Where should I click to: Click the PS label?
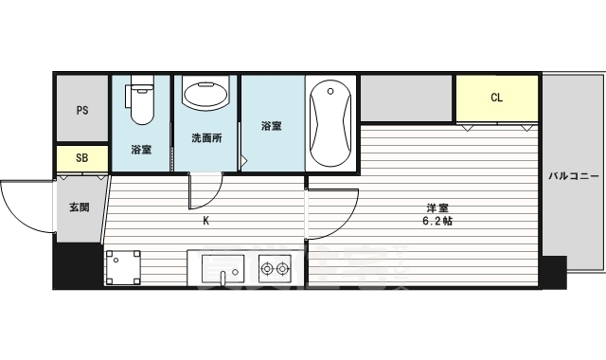[x=81, y=109]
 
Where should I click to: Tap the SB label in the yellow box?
[x=81, y=158]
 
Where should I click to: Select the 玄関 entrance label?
[x=80, y=207]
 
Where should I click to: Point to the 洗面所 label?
[x=205, y=138]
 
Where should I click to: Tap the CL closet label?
[x=496, y=98]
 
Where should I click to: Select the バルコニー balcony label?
[x=571, y=175]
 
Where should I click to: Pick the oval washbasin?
[x=205, y=96]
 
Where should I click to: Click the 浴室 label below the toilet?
[x=141, y=150]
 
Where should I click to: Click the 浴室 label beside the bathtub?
[x=271, y=125]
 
